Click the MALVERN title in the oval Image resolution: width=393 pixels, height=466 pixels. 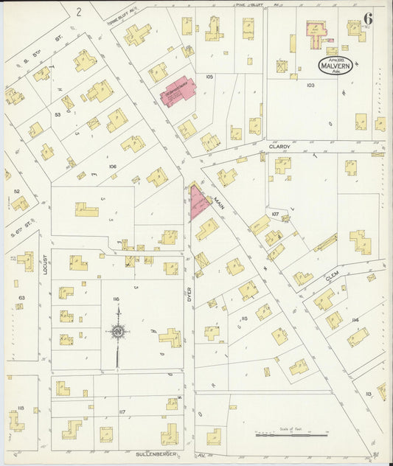pyautogui.click(x=336, y=65)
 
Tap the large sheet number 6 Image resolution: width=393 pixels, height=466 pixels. pyautogui.click(x=367, y=18)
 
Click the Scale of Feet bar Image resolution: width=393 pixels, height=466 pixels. pyautogui.click(x=291, y=435)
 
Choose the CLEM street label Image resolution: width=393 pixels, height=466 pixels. pyautogui.click(x=331, y=278)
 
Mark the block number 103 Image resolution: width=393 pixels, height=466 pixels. pyautogui.click(x=310, y=86)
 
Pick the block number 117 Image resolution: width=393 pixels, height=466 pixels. pyautogui.click(x=122, y=411)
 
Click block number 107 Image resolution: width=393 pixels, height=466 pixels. pyautogui.click(x=275, y=215)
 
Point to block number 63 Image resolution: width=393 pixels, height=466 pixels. pyautogui.click(x=21, y=298)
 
